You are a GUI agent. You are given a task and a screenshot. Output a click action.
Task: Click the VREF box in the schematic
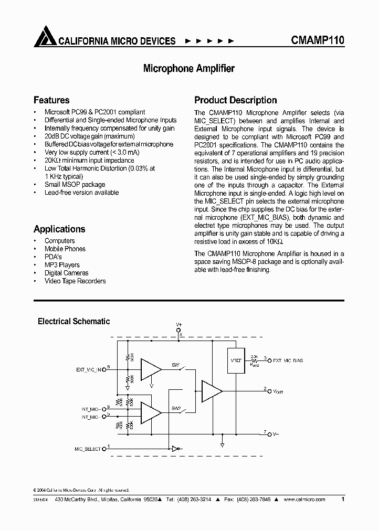tap(236, 361)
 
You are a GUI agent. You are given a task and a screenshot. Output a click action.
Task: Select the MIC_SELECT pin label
tap(88, 449)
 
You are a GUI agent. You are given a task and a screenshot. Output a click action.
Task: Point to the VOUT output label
tap(277, 391)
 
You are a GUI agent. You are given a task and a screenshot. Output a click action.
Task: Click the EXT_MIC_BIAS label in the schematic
tap(288, 361)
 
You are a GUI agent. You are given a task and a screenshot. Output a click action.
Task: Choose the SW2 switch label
tap(175, 408)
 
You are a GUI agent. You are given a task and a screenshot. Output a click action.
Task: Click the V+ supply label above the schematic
tap(178, 325)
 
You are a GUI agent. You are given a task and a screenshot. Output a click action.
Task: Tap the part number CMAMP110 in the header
tap(318, 40)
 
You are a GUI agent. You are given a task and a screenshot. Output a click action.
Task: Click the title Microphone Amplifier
tap(189, 68)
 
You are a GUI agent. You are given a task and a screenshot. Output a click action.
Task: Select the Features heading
tap(51, 100)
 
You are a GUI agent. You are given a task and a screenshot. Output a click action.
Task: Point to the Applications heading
tap(59, 229)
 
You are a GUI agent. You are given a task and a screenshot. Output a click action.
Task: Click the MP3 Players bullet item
tap(62, 265)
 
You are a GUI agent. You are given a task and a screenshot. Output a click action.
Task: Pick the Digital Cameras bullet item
tap(66, 273)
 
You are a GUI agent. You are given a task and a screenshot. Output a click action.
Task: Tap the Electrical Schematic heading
tap(73, 321)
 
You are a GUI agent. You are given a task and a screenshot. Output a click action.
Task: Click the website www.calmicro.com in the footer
tap(304, 500)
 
